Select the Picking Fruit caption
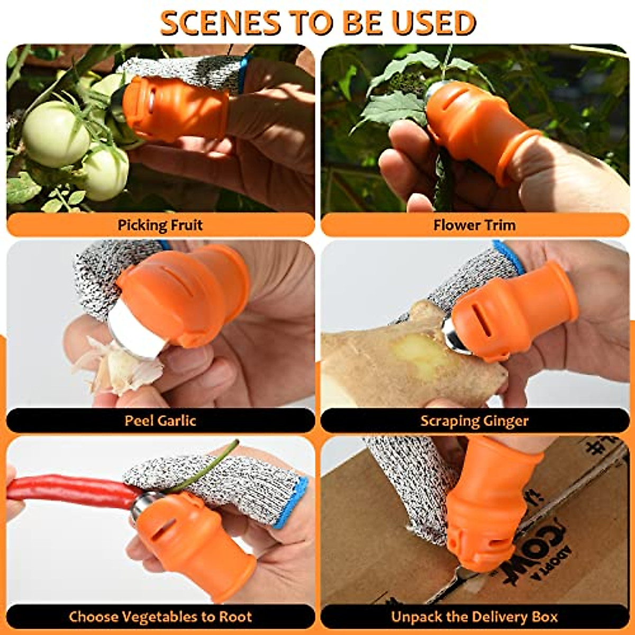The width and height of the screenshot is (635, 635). [x=160, y=225]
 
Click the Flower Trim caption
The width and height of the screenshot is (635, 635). [x=474, y=225]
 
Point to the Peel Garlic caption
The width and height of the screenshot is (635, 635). [x=160, y=421]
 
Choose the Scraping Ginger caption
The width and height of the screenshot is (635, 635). [x=474, y=421]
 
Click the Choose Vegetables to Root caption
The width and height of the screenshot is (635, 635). [x=160, y=617]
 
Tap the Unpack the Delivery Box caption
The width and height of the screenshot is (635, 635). [x=474, y=617]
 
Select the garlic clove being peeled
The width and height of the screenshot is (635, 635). [x=119, y=368]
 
